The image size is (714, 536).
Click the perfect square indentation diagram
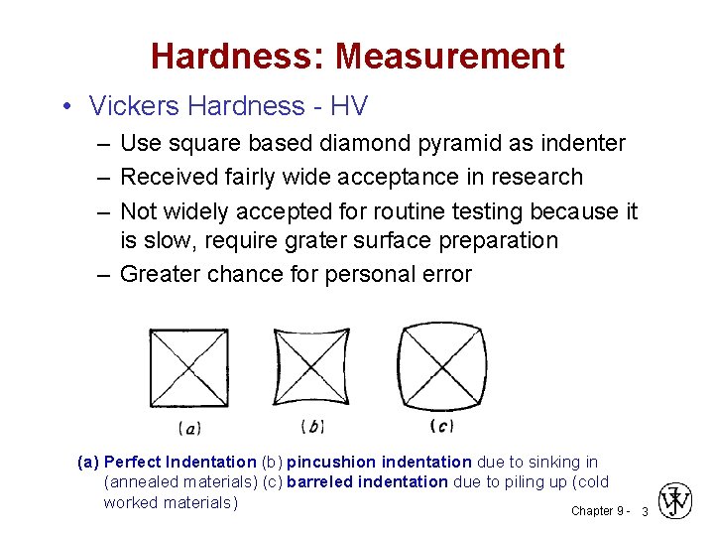coord(188,367)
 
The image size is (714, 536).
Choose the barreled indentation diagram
coord(441,365)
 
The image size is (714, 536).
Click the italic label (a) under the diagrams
coord(189,429)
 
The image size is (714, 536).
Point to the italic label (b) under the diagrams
coord(312,427)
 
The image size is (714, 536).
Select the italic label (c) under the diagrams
coord(441,426)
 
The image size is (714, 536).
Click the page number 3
coord(645,511)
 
